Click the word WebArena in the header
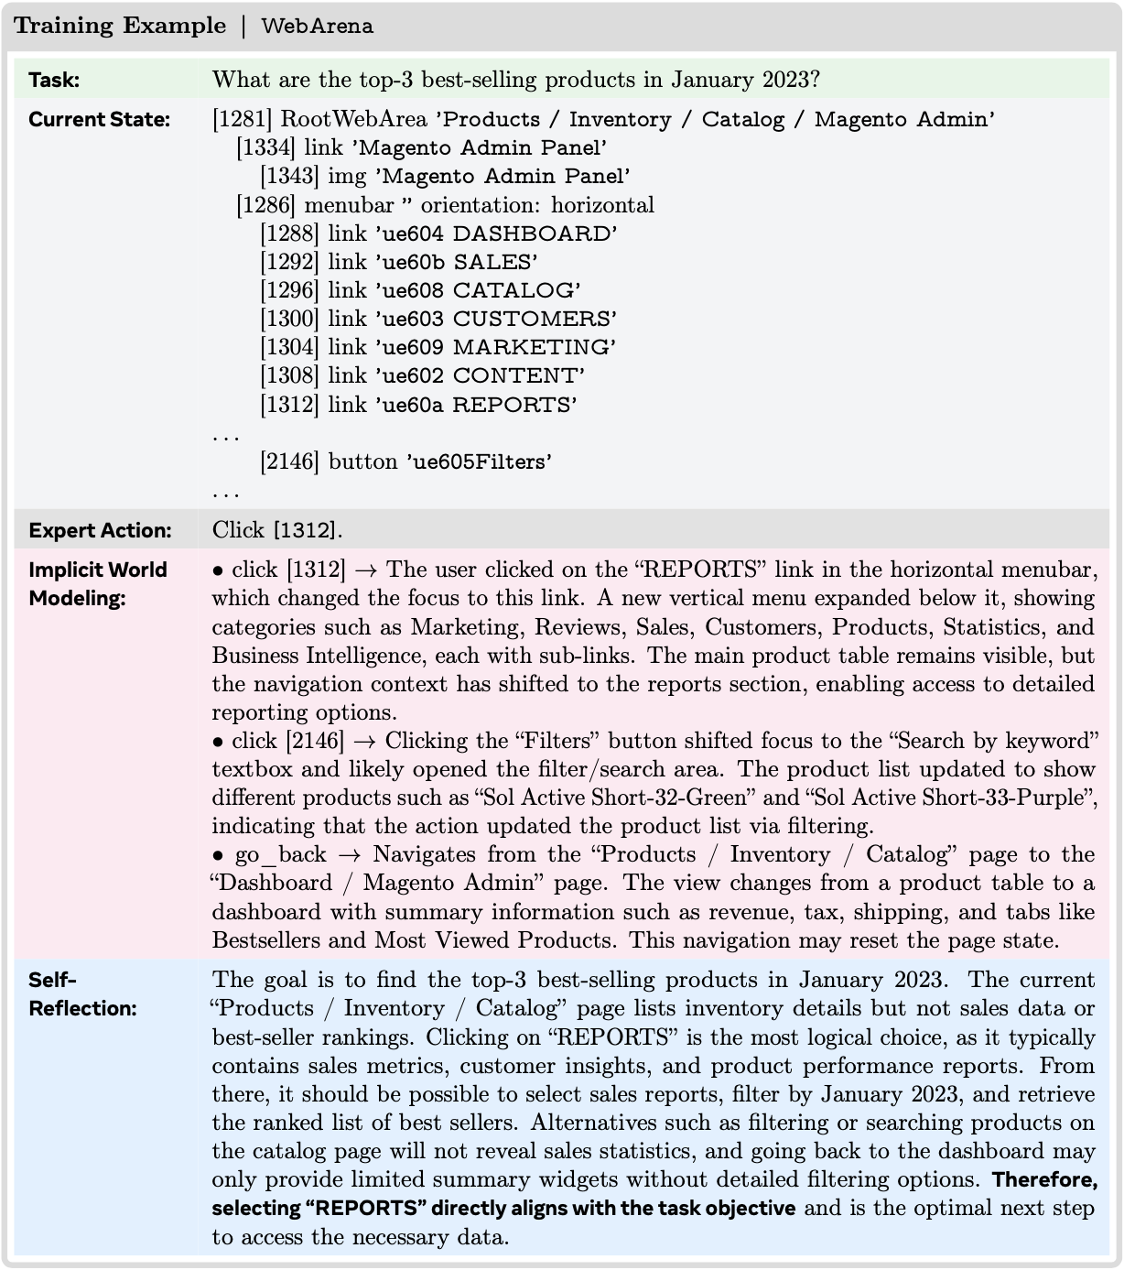point(317,26)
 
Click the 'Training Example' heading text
point(120,26)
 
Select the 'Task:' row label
point(54,80)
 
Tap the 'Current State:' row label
point(99,120)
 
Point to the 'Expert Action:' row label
point(100,531)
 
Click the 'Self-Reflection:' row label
point(81,993)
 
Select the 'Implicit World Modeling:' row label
point(97,583)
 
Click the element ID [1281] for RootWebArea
point(243,120)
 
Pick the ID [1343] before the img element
point(290,177)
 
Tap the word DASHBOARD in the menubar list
point(535,233)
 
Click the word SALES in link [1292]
point(494,262)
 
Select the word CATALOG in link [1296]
point(516,290)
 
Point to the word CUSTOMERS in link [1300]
point(535,319)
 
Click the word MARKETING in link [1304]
point(534,347)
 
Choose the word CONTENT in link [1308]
point(518,375)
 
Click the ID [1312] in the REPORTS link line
point(290,405)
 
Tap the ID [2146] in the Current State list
point(290,461)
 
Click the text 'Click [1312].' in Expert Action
point(277,531)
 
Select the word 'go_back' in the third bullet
point(280,855)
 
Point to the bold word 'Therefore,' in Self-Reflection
point(1044,1179)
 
